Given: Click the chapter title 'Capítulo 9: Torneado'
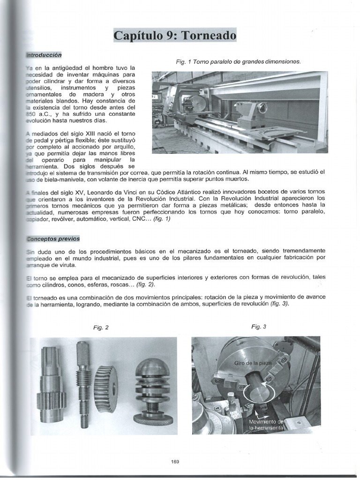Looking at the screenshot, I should coord(175,36).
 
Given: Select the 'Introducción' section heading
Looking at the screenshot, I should coord(44,55).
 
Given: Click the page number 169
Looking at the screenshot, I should coord(175,461).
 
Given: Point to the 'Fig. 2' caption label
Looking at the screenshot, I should coord(101,328).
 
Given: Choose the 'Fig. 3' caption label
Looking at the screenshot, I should coord(259,327).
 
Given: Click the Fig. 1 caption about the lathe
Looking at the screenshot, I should coord(238,61).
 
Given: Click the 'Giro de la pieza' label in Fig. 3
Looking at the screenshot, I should coord(253,364).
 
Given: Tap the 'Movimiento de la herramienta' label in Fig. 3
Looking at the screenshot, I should coord(266,425).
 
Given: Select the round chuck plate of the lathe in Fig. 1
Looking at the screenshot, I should coord(199,103).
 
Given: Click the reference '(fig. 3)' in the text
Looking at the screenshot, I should coord(279,304).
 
